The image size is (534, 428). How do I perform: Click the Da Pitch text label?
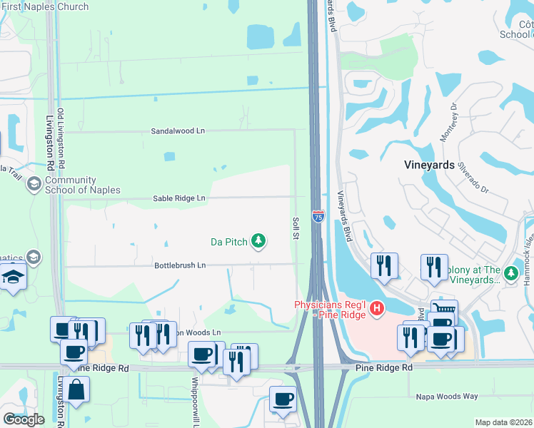coord(228,242)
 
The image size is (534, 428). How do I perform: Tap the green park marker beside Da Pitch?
coord(258,242)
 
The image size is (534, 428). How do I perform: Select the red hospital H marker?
coord(376,308)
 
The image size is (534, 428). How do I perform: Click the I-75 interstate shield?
coord(318,215)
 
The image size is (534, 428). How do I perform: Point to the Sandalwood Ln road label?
coord(178,131)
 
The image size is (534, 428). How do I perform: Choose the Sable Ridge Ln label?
coord(178,198)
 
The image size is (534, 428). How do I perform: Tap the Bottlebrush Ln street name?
coord(180,265)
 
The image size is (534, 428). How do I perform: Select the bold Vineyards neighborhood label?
coord(429,165)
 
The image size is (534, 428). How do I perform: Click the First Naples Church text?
coord(44,6)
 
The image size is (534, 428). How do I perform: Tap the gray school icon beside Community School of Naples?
coord(34,185)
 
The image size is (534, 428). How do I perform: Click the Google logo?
coord(24,419)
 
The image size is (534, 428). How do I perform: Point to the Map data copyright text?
coord(504,422)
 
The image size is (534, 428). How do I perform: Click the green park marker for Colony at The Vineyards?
coord(510,274)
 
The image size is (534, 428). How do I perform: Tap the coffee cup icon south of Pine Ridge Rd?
coord(283,399)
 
